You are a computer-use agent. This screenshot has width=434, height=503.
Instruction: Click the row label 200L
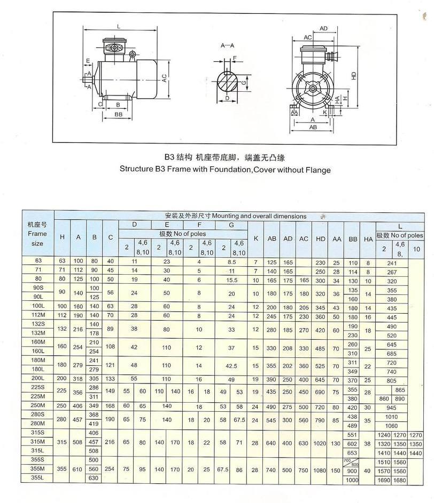point(37,379)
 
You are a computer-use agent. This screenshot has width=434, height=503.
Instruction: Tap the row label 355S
point(37,459)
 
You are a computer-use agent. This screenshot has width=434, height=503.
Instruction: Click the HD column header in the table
point(321,238)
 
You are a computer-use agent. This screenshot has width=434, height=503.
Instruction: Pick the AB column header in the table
point(272,238)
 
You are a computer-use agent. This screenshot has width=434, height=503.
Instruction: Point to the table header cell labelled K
point(256,238)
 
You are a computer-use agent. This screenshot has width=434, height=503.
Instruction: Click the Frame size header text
point(37,234)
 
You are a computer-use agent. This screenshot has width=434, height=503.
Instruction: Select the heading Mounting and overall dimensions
point(236,216)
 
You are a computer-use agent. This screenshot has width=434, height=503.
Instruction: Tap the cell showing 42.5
point(231,366)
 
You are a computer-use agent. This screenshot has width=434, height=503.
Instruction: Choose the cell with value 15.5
point(231,280)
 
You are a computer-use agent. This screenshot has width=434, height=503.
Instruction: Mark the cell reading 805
point(392,380)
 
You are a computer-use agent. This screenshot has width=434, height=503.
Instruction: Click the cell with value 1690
point(385,480)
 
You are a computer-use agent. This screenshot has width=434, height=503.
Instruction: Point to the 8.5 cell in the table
point(231,262)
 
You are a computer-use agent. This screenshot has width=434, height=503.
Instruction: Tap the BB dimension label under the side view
point(118,114)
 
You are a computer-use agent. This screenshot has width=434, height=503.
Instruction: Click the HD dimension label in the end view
point(353,76)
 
